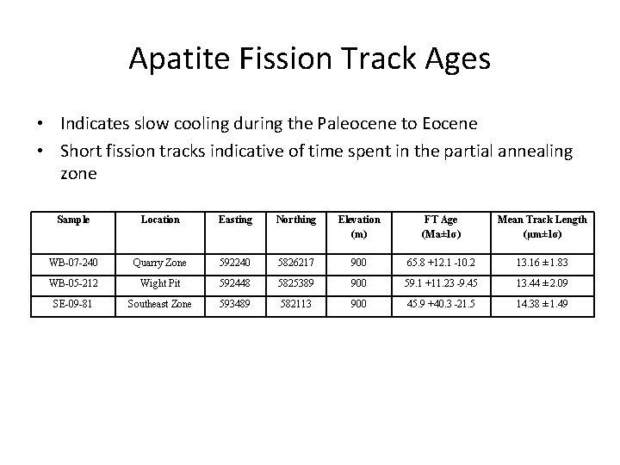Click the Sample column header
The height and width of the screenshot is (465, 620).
(73, 220)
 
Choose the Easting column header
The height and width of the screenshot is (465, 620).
(235, 220)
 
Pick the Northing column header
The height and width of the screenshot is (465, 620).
(294, 220)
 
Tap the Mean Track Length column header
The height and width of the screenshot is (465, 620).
(542, 220)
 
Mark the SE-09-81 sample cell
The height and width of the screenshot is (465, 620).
(73, 303)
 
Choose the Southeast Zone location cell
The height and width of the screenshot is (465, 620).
(160, 303)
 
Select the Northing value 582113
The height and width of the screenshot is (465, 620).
(294, 303)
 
